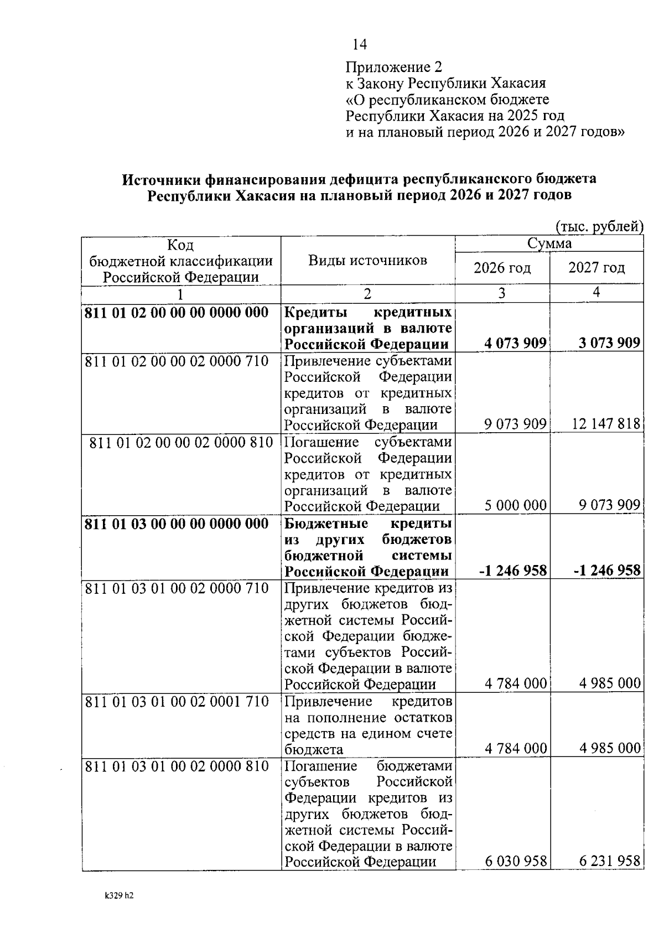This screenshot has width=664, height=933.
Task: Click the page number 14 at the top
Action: pyautogui.click(x=360, y=44)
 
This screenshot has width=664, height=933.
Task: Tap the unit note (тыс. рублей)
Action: pyautogui.click(x=599, y=227)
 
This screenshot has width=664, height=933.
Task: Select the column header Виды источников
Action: pyautogui.click(x=367, y=260)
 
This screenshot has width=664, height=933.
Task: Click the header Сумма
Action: pyautogui.click(x=549, y=243)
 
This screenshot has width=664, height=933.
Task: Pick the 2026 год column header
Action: pyautogui.click(x=502, y=268)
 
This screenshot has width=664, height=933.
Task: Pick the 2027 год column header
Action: pyautogui.click(x=596, y=268)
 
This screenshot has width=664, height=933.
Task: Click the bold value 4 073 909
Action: pyautogui.click(x=515, y=343)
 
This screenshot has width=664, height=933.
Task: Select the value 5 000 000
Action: pyautogui.click(x=515, y=505)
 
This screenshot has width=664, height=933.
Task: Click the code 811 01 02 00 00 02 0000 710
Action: pyautogui.click(x=177, y=361)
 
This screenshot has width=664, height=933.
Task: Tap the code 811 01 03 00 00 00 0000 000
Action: pyautogui.click(x=177, y=524)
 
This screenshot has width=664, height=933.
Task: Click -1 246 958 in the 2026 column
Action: pyautogui.click(x=512, y=571)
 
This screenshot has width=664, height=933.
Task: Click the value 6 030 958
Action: pyautogui.click(x=515, y=862)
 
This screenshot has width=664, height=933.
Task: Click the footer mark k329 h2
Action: pyautogui.click(x=119, y=895)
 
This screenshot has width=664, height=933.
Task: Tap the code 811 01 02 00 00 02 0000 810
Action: pyautogui.click(x=181, y=443)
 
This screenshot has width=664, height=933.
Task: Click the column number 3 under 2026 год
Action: pyautogui.click(x=501, y=293)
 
